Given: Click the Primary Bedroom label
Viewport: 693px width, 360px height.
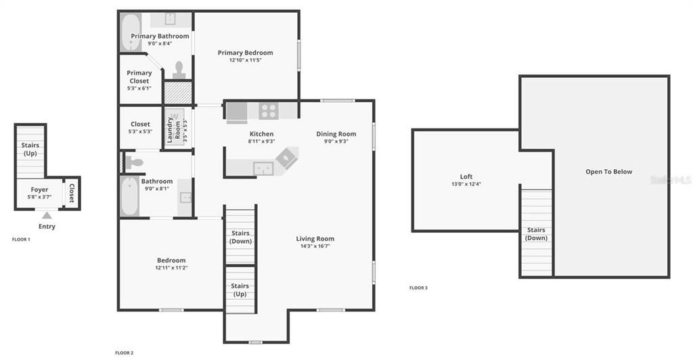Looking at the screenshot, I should coord(245,53).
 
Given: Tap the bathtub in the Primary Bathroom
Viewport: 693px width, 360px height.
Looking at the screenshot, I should coord(130,32).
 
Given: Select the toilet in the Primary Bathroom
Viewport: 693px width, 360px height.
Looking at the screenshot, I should coord(179,70).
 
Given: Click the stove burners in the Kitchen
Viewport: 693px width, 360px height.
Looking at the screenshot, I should coord(269,110).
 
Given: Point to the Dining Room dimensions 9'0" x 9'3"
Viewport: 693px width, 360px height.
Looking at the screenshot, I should coord(336,141).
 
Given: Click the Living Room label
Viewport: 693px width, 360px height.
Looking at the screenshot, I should coord(315,239).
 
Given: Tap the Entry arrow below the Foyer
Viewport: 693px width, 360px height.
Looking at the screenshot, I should coord(47,215).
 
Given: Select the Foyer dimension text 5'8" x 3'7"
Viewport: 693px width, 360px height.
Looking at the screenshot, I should coord(39,197).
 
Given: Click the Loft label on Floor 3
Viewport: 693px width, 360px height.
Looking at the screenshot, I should coord(466,177).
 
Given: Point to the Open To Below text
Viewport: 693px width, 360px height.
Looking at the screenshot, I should coord(608,172).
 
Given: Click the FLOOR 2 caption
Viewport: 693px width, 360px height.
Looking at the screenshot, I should coord(124,353).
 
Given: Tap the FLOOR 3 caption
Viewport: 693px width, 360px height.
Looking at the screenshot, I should coord(418,288).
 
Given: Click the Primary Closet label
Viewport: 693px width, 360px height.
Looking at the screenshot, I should coord(139,76).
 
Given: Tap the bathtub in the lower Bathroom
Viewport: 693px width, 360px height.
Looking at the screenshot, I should coord(129,196).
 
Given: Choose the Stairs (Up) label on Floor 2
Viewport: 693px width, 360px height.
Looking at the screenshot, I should coord(240,290).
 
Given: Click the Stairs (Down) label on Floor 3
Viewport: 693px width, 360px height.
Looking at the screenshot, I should coord(536,234).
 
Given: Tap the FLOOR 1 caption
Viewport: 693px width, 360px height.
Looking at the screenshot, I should coord(21,240).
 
